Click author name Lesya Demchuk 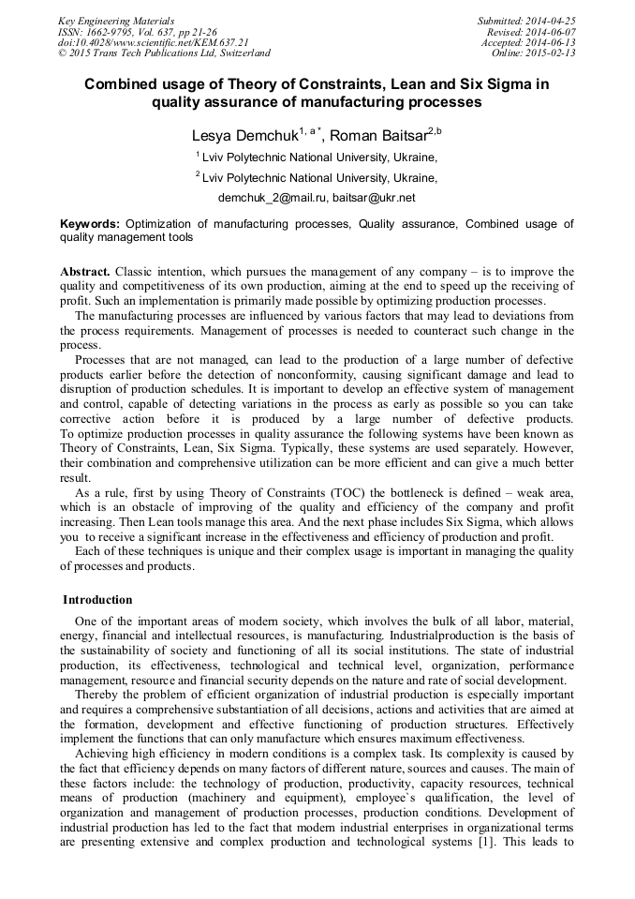pos(244,136)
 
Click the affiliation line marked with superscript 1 pos(316,157)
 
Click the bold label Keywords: pos(90,224)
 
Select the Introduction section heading pos(98,600)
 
